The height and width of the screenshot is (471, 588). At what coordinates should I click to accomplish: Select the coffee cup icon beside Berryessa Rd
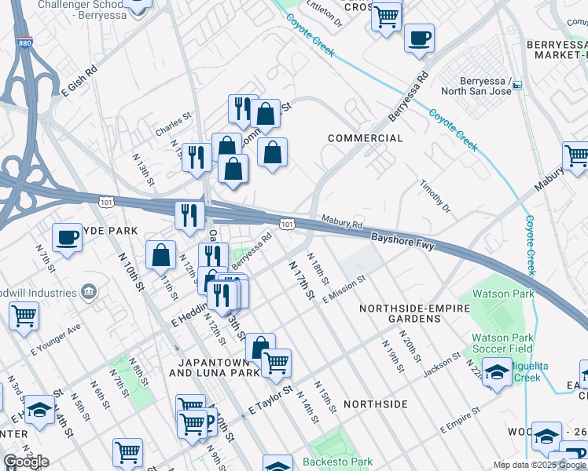pyautogui.click(x=419, y=38)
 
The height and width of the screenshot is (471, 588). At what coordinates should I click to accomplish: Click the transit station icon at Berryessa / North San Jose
pyautogui.click(x=517, y=89)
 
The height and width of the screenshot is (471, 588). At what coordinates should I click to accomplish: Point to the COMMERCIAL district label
pyautogui.click(x=365, y=138)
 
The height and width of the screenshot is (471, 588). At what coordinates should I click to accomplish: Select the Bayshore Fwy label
pyautogui.click(x=402, y=240)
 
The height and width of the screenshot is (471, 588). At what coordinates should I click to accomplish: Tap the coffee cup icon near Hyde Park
pyautogui.click(x=68, y=236)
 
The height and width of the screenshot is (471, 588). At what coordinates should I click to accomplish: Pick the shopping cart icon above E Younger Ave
pyautogui.click(x=24, y=316)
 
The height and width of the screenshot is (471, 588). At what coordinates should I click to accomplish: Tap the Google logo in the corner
pyautogui.click(x=26, y=462)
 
